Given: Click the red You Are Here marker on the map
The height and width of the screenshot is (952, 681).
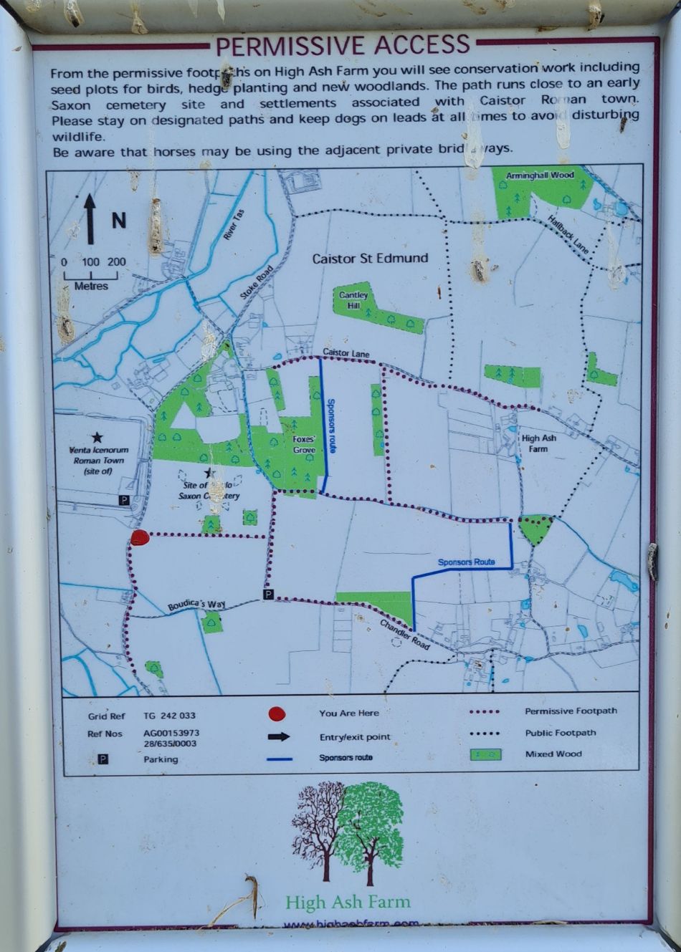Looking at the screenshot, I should (140, 538).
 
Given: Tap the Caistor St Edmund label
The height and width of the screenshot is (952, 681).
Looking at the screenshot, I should (370, 259).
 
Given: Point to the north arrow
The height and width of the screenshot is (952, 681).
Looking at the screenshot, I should (90, 218).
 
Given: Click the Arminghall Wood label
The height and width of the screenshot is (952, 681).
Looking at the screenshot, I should (540, 176).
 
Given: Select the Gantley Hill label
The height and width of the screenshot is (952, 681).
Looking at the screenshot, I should (353, 300).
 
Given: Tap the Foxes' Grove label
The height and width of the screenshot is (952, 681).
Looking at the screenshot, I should (304, 445).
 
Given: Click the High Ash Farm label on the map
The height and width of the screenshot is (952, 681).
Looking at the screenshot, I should (539, 443).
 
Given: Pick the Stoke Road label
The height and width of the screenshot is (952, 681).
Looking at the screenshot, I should (257, 282).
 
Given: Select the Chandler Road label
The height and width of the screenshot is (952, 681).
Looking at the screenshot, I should (404, 635).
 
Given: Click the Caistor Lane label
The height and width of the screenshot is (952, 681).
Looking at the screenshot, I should (346, 353).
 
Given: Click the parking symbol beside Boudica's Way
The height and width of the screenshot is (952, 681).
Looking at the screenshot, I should (267, 595).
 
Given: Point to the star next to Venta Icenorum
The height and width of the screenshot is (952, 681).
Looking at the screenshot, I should (97, 436).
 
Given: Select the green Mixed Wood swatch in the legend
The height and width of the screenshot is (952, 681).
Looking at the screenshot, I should (485, 754).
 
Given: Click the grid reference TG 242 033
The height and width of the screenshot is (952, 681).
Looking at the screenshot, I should (169, 716).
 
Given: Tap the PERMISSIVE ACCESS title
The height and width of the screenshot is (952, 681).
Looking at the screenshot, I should (343, 46).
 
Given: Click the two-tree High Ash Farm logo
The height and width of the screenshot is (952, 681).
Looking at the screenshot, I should (348, 831).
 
